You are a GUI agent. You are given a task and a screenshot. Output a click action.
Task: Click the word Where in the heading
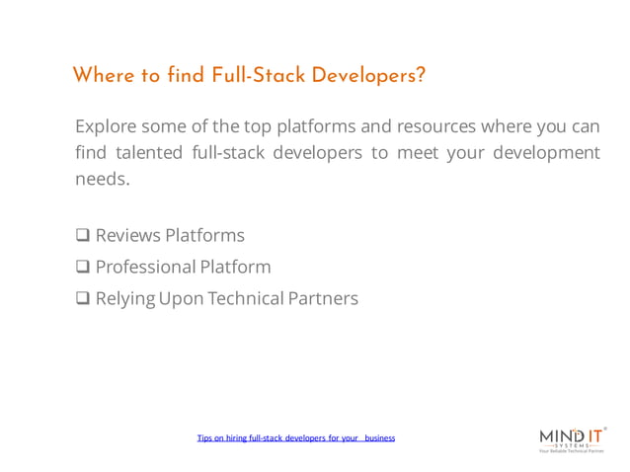102,75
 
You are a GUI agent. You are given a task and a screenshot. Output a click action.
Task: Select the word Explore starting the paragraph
105,127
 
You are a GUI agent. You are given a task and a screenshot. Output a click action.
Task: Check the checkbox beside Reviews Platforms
83,236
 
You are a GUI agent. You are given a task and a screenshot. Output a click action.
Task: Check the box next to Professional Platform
83,267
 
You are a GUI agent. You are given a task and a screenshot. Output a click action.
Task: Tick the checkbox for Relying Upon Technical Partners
83,298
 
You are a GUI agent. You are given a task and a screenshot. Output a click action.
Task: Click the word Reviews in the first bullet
127,236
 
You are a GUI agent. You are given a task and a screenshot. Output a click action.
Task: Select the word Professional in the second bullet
145,267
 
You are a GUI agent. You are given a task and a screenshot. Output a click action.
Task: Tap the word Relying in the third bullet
124,298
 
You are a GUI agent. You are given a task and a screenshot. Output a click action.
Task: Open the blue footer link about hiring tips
295,437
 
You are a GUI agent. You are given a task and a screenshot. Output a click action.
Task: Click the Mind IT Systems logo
572,435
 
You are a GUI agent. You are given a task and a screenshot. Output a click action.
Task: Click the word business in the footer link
379,437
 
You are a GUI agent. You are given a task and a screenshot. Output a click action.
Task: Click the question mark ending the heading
420,75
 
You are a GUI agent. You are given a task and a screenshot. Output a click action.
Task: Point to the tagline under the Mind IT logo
571,450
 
